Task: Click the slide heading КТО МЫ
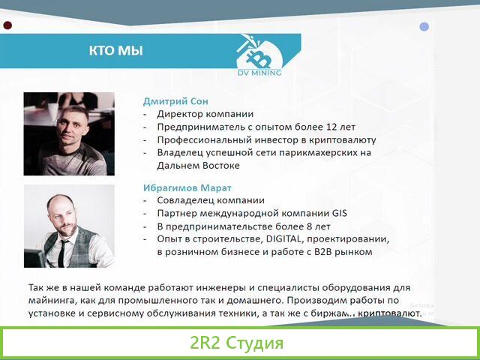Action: pos(115,51)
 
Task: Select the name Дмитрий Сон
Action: pos(175,101)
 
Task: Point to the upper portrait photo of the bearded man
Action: pos(69,133)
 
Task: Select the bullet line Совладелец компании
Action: pos(211,200)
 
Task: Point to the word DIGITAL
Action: pos(280,238)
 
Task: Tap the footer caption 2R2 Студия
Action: pos(236,344)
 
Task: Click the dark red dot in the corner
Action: pos(7,25)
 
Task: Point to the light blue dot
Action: pos(424,26)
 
